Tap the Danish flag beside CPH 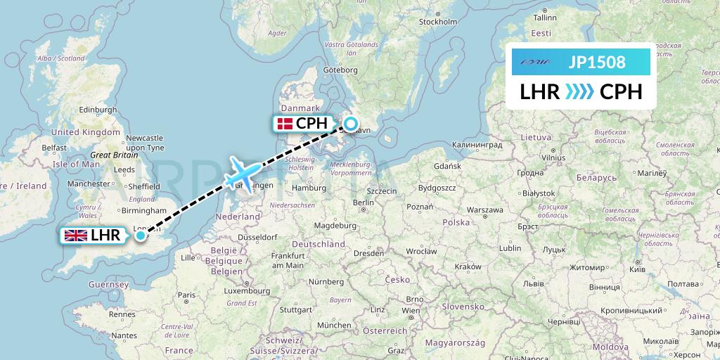(285, 124)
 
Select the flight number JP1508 (596, 62)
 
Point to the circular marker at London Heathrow (141, 236)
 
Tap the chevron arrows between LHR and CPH (580, 92)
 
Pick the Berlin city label (363, 202)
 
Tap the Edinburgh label (98, 109)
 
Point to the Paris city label (186, 295)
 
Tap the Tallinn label (545, 18)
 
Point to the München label (333, 326)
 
